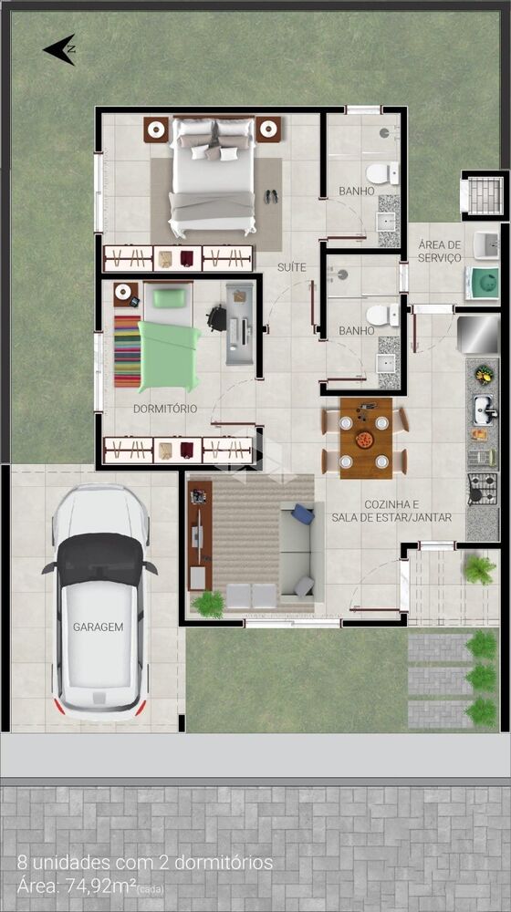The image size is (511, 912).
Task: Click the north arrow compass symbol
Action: coord(59,49)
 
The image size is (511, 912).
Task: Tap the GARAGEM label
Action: coord(98,627)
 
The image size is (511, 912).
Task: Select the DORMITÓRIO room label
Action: coord(164,409)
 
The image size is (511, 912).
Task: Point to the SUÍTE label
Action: coord(292,267)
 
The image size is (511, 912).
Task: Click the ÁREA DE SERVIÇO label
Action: coord(440,252)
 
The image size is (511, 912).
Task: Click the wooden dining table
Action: coord(365,437)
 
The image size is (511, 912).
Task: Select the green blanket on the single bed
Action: coord(169,356)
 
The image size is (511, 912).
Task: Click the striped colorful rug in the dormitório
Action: coord(127,351)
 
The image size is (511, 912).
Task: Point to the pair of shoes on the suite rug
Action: coord(271,195)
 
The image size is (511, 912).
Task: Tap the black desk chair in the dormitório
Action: coord(216,317)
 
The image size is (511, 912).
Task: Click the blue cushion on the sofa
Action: coord(302,515)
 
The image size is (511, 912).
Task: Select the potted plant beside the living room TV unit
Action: coord(209,603)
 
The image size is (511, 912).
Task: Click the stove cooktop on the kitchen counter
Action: coord(482,489)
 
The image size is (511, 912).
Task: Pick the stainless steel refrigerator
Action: coord(477,334)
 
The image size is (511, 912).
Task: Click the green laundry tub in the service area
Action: coord(481,283)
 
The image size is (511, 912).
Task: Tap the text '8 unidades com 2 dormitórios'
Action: coord(144,863)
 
